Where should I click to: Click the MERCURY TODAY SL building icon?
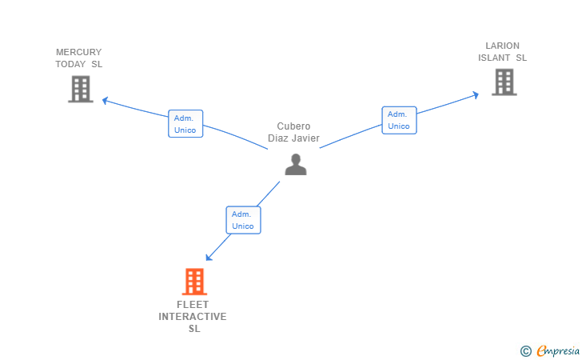coord(81,89)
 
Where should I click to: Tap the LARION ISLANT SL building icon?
coord(504,82)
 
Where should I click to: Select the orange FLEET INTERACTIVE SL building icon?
coord(193,282)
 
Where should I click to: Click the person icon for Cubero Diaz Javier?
coord(296,164)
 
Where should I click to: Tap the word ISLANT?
coord(494,58)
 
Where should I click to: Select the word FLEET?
coord(193,305)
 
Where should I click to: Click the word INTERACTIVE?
coord(193,317)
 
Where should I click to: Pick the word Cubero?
coord(293,126)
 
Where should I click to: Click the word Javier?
coord(305,138)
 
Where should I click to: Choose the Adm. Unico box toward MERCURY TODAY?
coord(185,124)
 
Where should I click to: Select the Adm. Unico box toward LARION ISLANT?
coord(399,120)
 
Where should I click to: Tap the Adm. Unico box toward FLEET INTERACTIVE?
coord(243,220)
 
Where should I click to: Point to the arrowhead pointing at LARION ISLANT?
coord(475,94)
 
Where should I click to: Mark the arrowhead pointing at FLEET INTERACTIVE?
coord(209,257)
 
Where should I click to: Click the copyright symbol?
coord(525,350)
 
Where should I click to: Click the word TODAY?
coord(70,64)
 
